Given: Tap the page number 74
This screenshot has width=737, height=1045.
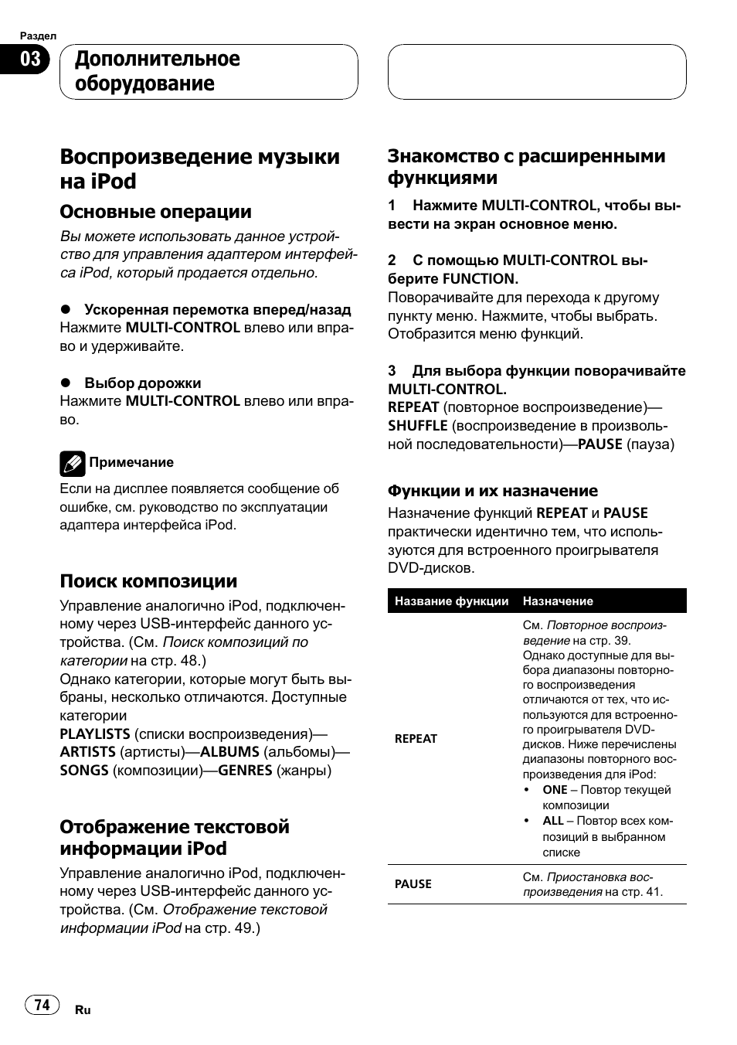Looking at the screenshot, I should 42,1004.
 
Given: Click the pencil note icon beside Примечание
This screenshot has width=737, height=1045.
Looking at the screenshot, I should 72,463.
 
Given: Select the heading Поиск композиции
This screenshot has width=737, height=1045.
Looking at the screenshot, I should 148,581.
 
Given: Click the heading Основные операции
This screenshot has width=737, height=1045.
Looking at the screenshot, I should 155,212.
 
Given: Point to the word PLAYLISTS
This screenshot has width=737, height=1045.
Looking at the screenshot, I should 95,734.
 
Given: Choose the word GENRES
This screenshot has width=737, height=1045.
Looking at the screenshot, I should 245,771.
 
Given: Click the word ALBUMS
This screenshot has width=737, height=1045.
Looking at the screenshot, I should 229,752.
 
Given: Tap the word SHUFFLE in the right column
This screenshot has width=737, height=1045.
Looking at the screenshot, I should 418,426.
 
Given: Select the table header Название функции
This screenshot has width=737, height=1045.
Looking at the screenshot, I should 451,601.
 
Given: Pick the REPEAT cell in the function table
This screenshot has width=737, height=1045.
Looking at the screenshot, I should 416,739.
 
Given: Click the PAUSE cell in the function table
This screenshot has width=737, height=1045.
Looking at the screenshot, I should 413,884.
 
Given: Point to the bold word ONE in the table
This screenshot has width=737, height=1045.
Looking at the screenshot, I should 555,790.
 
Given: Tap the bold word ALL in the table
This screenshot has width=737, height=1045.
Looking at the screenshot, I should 553,821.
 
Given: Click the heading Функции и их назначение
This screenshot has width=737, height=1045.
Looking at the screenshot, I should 492,491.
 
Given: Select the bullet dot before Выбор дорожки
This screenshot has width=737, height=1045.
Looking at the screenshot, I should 66,383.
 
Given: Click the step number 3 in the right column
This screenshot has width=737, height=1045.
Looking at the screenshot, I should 392,371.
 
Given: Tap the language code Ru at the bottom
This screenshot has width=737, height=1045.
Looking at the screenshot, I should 83,1010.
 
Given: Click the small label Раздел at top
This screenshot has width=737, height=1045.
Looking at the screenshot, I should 38,36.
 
